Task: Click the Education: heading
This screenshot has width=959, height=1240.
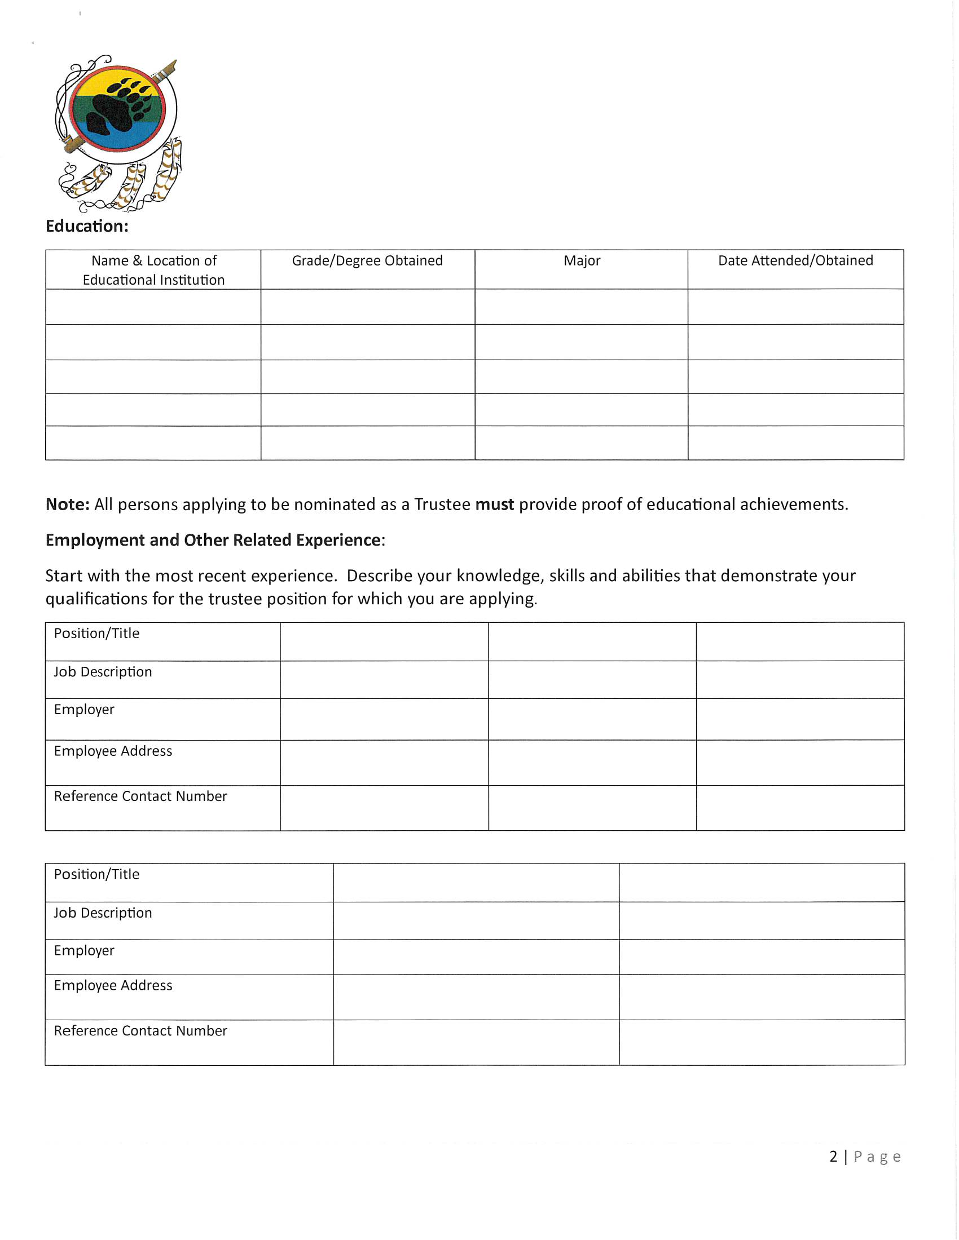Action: [87, 227]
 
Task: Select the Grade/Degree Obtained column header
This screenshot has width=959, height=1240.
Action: [367, 260]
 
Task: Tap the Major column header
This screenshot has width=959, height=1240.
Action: [582, 260]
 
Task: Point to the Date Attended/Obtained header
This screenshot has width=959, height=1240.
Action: [795, 260]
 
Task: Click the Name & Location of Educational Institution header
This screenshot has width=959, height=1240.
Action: [153, 270]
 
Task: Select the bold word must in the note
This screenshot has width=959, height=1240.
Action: [494, 504]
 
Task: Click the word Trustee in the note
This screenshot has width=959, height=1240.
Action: [442, 504]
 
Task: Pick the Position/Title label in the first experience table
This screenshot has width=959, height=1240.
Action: [96, 634]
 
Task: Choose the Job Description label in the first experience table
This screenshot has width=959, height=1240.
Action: [103, 672]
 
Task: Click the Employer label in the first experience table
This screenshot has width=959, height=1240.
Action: [84, 710]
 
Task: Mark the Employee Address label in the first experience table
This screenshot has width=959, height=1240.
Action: [113, 751]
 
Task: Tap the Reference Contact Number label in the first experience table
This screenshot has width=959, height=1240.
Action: [140, 796]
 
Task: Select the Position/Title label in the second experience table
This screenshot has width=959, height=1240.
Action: [96, 874]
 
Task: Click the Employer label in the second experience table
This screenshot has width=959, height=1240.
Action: [84, 950]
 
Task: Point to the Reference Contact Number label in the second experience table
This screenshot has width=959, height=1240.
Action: [140, 1031]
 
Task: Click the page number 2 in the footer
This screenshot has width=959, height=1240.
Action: [833, 1157]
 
